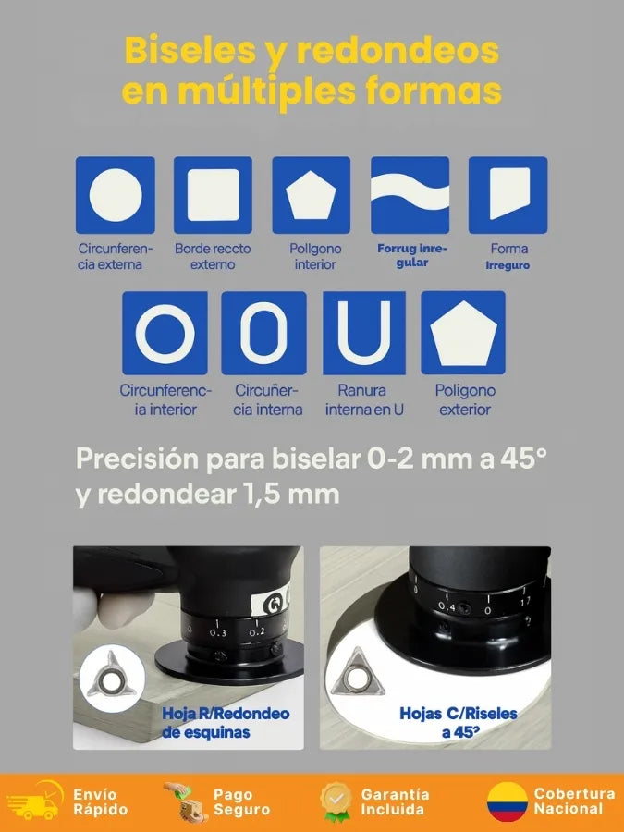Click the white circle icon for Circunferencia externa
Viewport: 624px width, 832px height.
[116, 195]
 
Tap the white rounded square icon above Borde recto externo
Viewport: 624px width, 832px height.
[214, 195]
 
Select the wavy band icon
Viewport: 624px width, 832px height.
[410, 191]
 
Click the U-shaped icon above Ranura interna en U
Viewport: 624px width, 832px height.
[364, 332]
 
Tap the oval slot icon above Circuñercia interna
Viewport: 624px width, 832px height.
[263, 333]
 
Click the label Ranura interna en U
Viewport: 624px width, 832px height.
[364, 400]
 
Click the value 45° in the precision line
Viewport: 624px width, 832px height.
[523, 459]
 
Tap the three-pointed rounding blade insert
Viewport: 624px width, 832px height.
[112, 676]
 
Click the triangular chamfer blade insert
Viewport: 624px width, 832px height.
[357, 672]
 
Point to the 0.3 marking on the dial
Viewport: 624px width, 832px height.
[217, 632]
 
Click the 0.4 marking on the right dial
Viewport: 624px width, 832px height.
[447, 606]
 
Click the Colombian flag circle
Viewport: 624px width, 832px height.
[508, 801]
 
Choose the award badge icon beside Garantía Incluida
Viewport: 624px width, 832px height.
[336, 801]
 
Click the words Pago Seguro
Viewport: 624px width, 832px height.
[241, 801]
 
